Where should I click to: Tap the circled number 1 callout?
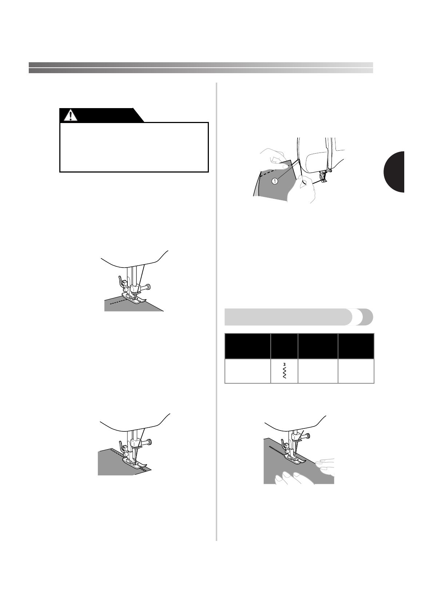275,181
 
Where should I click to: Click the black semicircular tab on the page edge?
395,172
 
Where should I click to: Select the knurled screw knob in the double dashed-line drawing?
148,442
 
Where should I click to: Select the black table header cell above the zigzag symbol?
284,346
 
